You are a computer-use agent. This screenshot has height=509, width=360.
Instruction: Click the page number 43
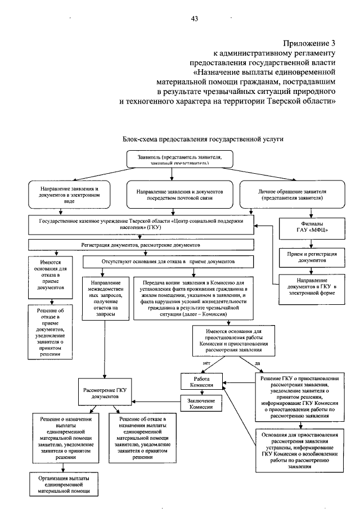pos(195,19)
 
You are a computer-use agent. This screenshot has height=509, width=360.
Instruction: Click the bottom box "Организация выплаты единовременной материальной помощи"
pos(64,484)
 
